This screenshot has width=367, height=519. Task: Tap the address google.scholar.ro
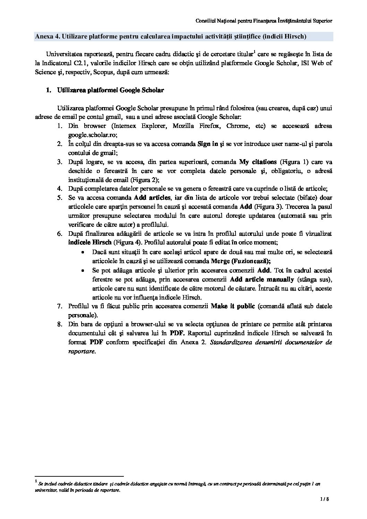tap(93, 135)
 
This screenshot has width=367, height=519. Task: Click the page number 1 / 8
tap(324, 509)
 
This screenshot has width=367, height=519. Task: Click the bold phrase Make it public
tap(233, 306)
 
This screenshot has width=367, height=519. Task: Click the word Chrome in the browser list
tap(237, 126)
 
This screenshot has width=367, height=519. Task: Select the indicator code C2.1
tap(80, 63)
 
